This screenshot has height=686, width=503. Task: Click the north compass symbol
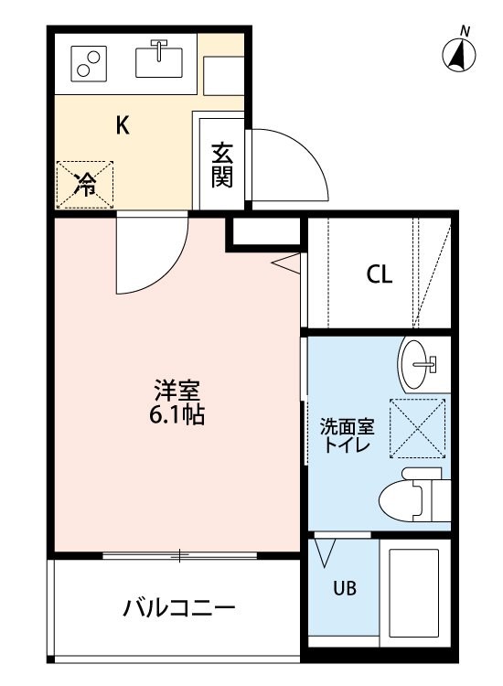(x=459, y=53)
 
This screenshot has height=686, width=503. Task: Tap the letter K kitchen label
(x=123, y=125)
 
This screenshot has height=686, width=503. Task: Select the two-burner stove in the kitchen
(x=89, y=64)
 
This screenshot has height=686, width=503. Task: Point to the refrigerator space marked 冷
(x=85, y=184)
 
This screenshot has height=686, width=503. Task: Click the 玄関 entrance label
(x=222, y=165)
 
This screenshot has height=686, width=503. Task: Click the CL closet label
(x=380, y=274)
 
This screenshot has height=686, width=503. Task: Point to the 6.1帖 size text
(x=177, y=415)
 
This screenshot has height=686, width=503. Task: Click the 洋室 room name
(x=177, y=391)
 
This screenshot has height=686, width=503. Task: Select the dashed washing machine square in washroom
(x=417, y=428)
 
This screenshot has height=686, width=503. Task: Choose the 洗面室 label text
(x=348, y=426)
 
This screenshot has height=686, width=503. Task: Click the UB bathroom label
(x=345, y=588)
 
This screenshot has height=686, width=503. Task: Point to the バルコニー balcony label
(x=179, y=608)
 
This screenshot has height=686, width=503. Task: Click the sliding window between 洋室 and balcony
(x=180, y=555)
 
